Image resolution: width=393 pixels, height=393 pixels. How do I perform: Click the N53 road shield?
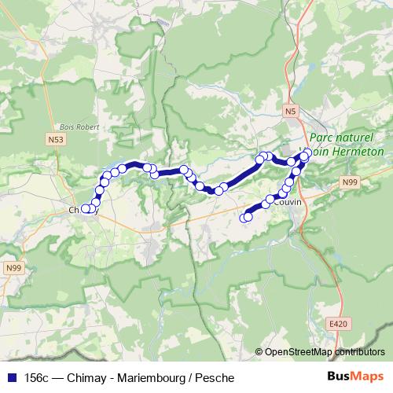click(x=54, y=139)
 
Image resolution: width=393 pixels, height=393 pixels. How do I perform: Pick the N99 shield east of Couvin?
click(x=350, y=182)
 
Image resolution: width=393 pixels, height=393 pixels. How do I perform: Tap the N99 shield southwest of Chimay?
click(x=13, y=269)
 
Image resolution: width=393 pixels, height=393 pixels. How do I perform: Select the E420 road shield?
click(x=338, y=323)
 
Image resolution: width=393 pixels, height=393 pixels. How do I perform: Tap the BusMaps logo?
click(x=356, y=377)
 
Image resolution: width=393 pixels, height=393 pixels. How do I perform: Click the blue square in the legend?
click(x=12, y=378)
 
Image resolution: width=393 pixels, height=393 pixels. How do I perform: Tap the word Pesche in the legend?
click(x=215, y=378)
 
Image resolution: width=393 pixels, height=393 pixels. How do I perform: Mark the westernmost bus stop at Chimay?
click(x=86, y=209)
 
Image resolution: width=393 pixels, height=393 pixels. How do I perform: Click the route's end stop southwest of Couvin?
click(x=245, y=218)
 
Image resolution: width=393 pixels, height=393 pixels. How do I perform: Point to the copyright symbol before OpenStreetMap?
click(x=259, y=353)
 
